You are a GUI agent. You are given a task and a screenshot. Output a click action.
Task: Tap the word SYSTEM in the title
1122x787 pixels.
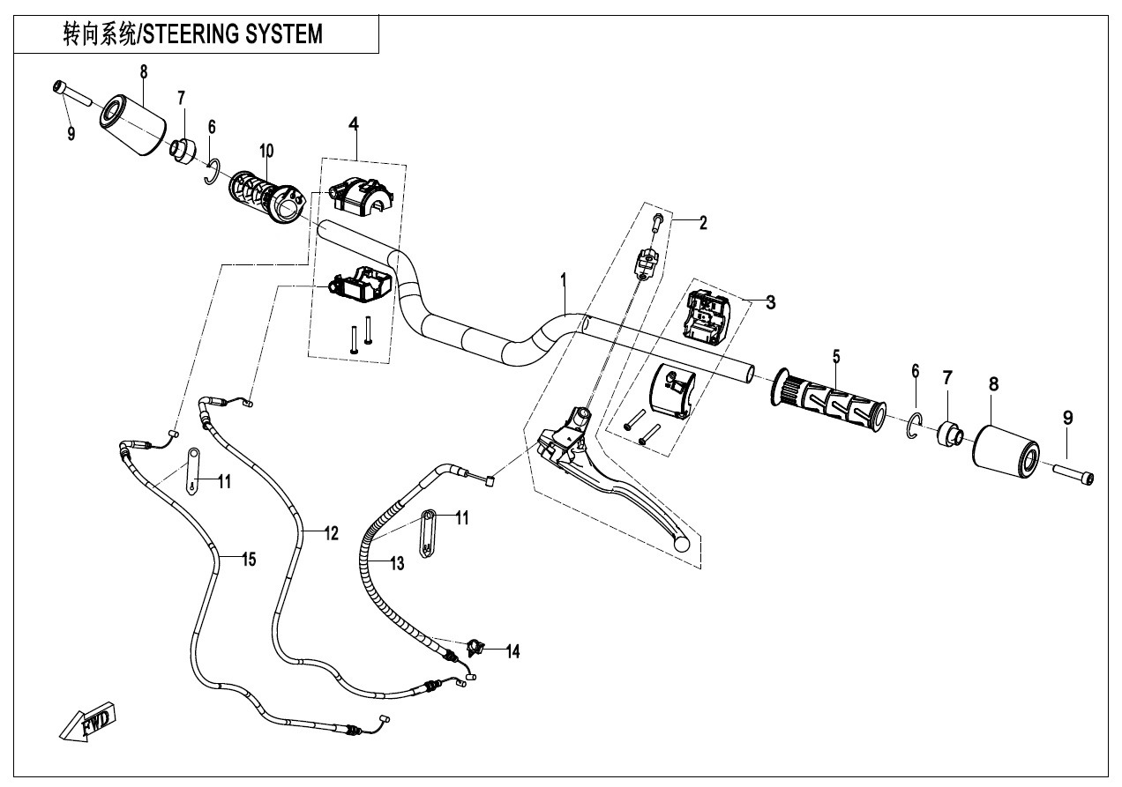coord(288,34)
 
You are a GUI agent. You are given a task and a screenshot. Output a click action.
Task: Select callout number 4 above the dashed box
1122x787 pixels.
coord(354,124)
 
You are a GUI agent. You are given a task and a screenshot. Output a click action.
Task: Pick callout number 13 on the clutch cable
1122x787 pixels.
coord(397,564)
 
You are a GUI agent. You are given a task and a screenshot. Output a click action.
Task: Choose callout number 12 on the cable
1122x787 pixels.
coord(331,532)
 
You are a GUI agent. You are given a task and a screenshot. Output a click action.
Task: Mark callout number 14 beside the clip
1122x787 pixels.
coord(512,651)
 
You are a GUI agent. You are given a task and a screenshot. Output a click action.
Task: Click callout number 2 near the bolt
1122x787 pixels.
coord(703,223)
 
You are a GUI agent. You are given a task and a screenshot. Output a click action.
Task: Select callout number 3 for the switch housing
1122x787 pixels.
coord(770,302)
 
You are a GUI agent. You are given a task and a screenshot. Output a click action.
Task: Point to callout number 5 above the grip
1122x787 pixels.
coord(835,356)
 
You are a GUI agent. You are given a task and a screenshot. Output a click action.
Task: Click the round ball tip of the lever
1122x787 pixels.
coord(681,545)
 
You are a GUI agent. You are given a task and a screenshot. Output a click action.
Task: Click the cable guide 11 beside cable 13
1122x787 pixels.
coord(428,533)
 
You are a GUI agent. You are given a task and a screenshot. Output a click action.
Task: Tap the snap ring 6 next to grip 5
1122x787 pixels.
coord(914,426)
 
